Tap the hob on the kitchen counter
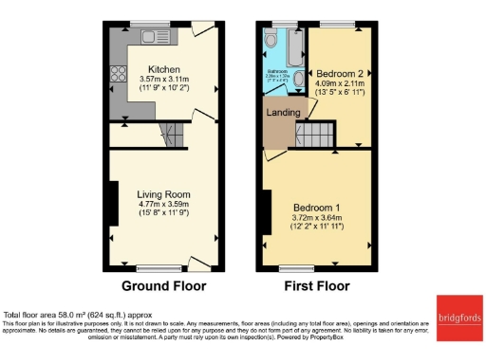(x=118, y=74)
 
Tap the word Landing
(x=284, y=113)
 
